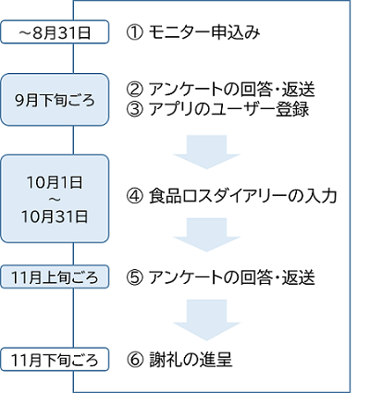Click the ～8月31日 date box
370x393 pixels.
click(55, 33)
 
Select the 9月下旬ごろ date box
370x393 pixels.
click(55, 96)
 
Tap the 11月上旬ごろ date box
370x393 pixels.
click(55, 276)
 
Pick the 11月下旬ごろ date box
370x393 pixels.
click(55, 358)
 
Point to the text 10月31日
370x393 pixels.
click(55, 217)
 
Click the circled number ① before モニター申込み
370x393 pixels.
click(133, 33)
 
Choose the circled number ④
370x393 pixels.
click(133, 196)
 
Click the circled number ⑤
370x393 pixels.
click(133, 276)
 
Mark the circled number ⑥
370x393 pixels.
click(133, 358)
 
